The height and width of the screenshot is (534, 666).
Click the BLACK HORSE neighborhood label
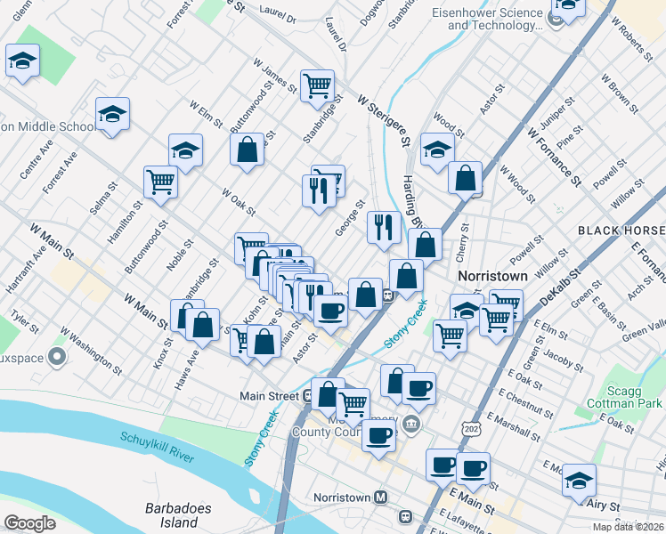pos(621,230)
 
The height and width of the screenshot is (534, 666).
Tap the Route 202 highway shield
pos(469,429)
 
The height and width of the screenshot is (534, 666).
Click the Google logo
pos(30,523)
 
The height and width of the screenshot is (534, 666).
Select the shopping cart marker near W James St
pos(317,85)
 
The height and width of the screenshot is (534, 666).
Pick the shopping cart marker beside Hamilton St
pos(161,181)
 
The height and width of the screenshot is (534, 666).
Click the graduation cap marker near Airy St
pos(579,481)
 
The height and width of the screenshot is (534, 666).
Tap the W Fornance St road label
pos(555,157)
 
